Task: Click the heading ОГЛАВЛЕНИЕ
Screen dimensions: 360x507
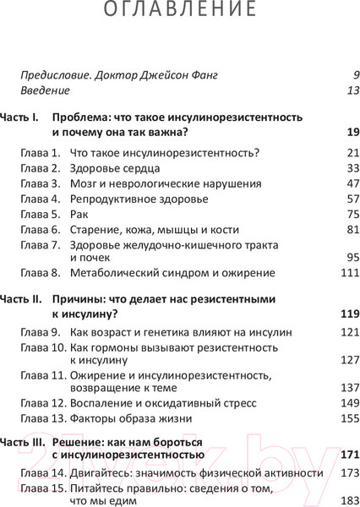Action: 179,11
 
